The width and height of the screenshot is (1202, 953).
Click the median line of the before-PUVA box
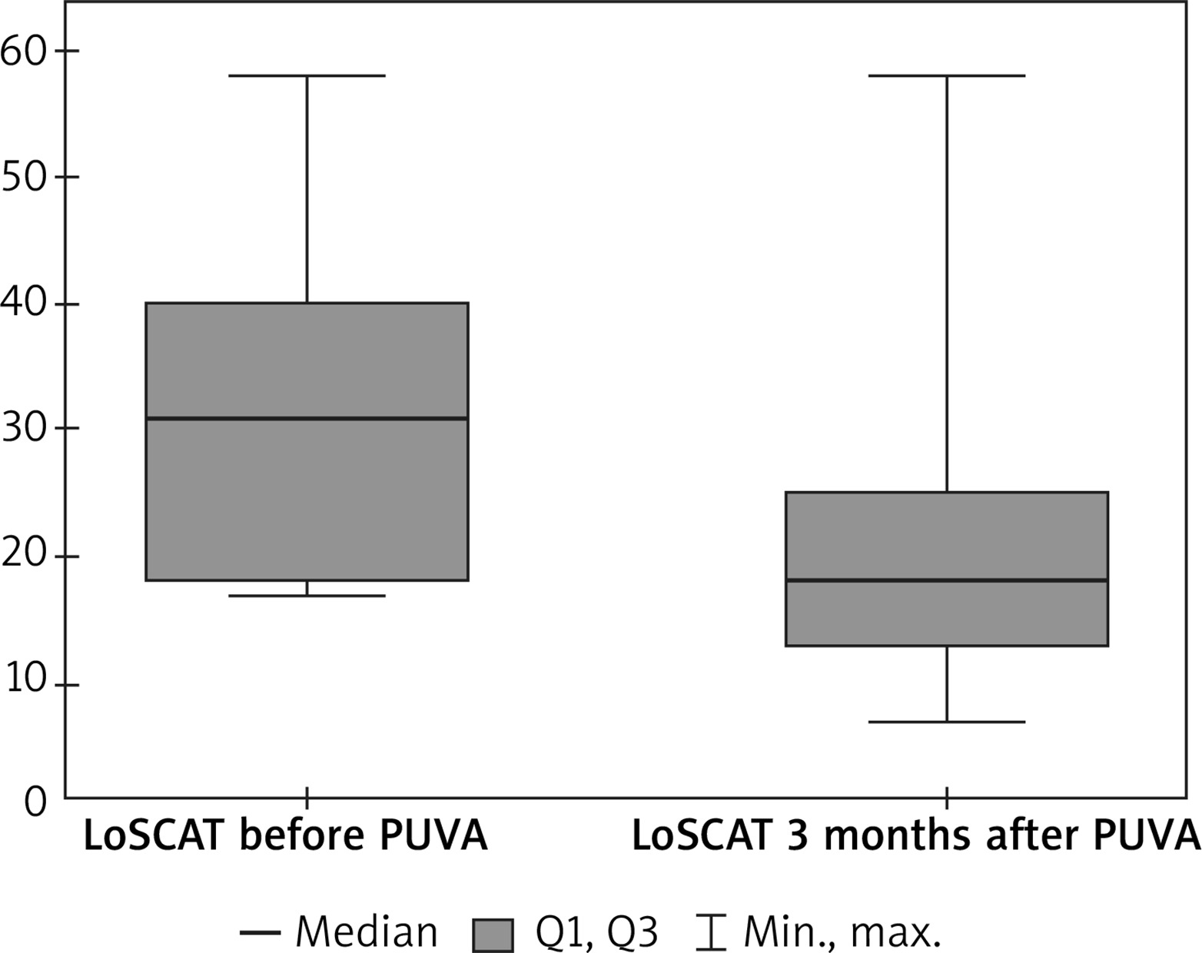[307, 418]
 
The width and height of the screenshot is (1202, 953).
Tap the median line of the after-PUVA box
[946, 580]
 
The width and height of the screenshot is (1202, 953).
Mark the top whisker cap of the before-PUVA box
[307, 76]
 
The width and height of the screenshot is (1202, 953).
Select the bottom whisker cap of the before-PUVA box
[307, 596]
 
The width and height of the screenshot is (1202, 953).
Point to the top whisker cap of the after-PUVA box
[946, 76]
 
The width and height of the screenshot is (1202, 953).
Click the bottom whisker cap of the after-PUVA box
[946, 722]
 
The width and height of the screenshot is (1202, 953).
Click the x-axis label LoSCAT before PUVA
[285, 836]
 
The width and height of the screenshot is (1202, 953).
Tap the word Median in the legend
[367, 932]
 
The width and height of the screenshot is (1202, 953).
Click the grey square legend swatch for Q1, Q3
[493, 934]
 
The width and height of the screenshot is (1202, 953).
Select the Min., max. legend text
[842, 932]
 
